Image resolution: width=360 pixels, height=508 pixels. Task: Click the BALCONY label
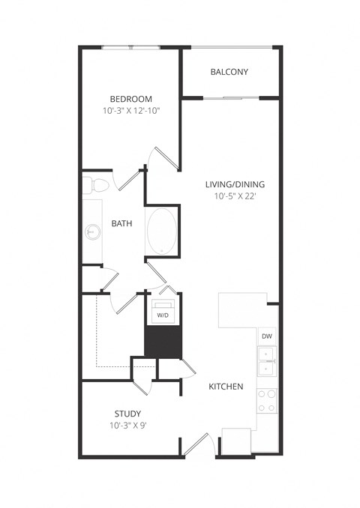click(229, 72)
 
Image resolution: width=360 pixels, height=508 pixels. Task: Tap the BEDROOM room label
click(131, 99)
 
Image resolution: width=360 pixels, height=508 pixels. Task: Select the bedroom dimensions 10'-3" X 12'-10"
click(131, 111)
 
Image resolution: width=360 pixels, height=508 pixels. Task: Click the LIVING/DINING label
click(235, 184)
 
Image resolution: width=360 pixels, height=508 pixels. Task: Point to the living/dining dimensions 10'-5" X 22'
click(235, 196)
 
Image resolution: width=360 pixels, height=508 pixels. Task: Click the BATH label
click(122, 223)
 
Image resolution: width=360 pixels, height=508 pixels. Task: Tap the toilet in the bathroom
click(96, 184)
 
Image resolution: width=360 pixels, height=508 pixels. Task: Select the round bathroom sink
click(92, 232)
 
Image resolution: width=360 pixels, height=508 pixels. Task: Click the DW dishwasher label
click(266, 336)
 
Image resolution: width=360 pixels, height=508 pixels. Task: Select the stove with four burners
click(266, 400)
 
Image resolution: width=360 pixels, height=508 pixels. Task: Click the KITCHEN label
click(225, 387)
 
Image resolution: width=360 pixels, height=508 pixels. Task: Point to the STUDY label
click(127, 414)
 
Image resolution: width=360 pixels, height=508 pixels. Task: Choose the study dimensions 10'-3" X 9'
click(127, 426)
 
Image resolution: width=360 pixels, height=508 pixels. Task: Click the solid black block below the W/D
click(163, 342)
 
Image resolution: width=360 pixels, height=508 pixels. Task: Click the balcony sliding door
click(230, 97)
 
